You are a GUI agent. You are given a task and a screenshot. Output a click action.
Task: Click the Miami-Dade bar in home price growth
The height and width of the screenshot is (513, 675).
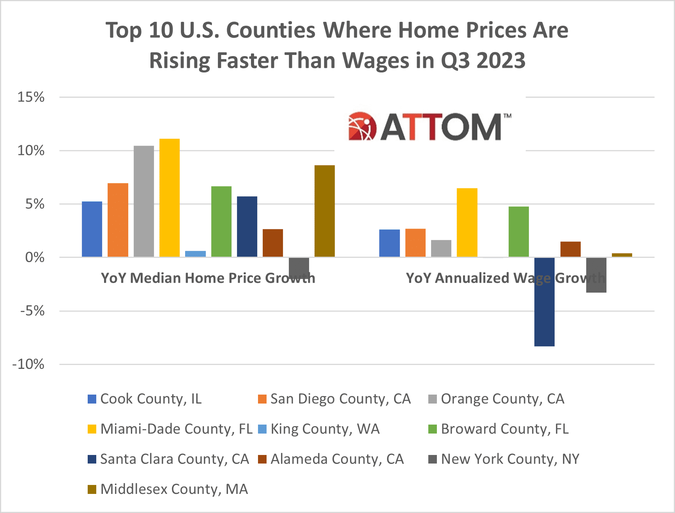click(x=170, y=198)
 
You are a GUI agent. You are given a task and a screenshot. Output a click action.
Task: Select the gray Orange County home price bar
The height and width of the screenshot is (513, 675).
click(x=144, y=201)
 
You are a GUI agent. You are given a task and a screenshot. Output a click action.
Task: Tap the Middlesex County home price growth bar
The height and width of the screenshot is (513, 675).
click(x=325, y=211)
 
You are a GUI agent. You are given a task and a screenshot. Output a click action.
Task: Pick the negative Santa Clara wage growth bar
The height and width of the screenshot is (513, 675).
click(x=544, y=302)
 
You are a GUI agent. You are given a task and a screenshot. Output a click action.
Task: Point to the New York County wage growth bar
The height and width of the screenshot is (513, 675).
click(x=596, y=275)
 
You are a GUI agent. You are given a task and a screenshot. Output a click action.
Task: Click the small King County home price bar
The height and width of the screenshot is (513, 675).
click(x=195, y=254)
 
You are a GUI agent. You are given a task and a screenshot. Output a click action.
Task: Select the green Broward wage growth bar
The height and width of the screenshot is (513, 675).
click(x=519, y=232)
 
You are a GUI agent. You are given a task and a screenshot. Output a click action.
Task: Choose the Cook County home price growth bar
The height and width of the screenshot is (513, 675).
click(x=92, y=229)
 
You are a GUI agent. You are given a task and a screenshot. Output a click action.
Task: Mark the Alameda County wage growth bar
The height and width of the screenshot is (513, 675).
click(x=571, y=249)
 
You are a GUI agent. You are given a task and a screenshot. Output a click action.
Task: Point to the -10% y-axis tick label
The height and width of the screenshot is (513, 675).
click(x=28, y=365)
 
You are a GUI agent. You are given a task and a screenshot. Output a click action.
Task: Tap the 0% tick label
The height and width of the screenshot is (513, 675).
click(x=35, y=257)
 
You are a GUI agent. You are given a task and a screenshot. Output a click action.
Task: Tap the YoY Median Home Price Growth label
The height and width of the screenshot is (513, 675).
click(x=208, y=278)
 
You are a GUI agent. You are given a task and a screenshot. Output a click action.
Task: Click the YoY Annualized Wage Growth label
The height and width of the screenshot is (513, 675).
click(x=505, y=278)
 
